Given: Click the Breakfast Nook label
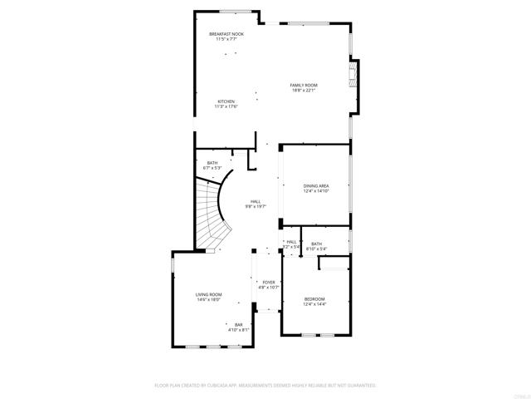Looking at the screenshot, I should pos(226,34).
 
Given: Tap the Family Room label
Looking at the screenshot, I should pos(304,85).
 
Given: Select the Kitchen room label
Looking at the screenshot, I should pos(226,101).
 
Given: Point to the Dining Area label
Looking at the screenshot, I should pos(316,185).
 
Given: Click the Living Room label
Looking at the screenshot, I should pos(208,294).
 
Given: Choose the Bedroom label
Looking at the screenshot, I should pos(314,298).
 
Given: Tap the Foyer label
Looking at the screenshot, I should pos(269,282).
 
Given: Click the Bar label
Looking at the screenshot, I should pos(239,324).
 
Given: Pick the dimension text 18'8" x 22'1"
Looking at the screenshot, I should pos(304,91).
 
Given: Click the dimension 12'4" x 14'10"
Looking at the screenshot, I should pos(316,191).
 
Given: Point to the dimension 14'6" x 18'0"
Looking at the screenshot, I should pos(208,300).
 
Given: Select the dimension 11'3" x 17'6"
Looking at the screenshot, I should pos(226,107).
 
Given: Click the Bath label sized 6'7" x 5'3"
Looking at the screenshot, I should pos(212,162).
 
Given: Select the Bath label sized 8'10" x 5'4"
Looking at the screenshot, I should pos(316,244).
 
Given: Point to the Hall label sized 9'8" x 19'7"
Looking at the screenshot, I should pos(256,200).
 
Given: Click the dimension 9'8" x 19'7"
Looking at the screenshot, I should pos(256,206).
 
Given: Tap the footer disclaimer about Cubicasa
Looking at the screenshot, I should pos(265,386).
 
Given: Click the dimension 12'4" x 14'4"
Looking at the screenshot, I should pos(314,304).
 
